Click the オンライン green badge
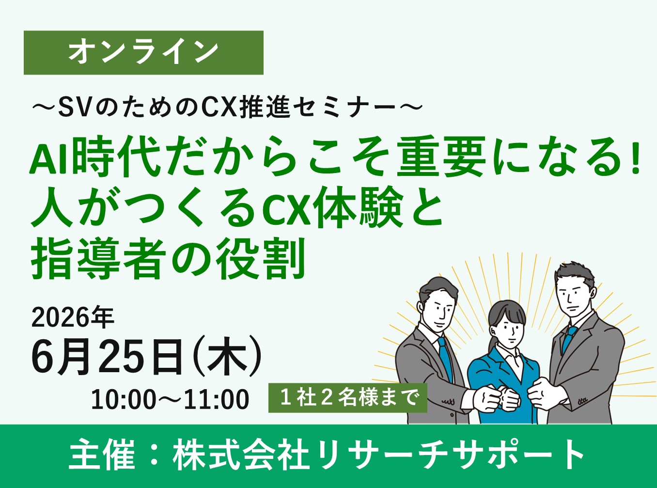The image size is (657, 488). [143, 52]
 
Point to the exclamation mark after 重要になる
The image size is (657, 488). [636, 160]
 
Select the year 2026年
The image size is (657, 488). [73, 317]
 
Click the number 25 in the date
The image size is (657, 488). [119, 358]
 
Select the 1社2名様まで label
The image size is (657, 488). [348, 398]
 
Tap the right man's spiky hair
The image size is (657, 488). [575, 272]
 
